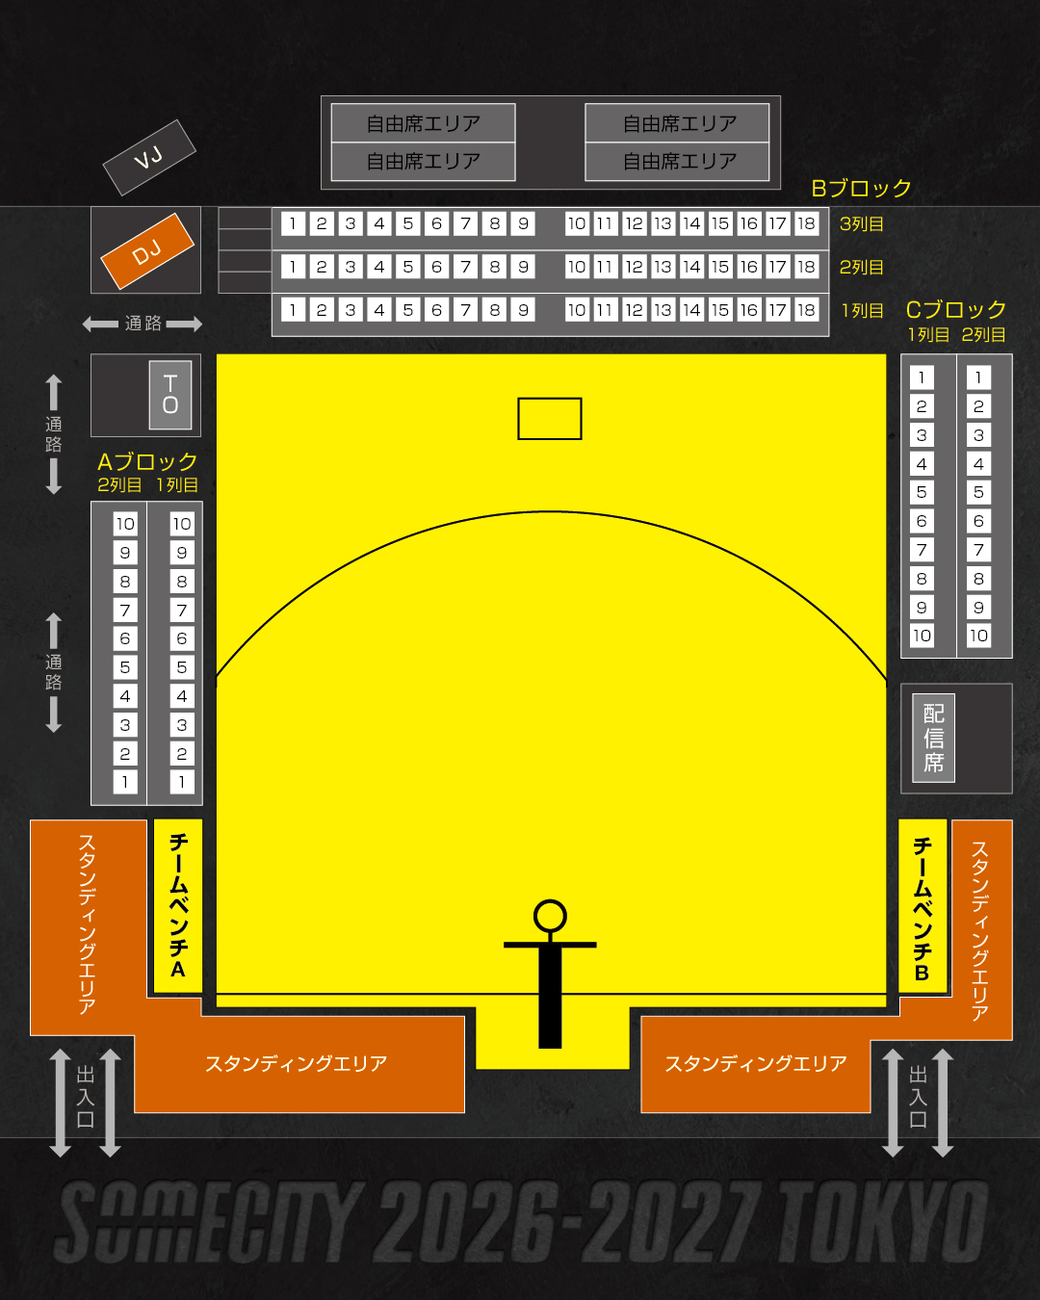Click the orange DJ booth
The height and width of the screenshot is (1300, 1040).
(x=147, y=251)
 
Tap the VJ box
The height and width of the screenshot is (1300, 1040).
(x=149, y=158)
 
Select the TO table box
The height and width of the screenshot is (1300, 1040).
(x=170, y=395)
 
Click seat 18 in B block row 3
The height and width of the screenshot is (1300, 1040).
(x=806, y=223)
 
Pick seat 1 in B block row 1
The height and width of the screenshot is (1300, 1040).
(x=293, y=310)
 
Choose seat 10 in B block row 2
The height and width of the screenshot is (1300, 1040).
(x=577, y=267)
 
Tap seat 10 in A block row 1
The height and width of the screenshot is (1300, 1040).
(x=182, y=524)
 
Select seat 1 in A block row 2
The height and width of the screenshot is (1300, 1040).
(x=125, y=782)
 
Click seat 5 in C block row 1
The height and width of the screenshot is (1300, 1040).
(x=922, y=492)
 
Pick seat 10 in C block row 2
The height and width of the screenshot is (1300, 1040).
(x=978, y=636)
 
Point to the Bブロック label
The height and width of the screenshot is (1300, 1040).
(x=861, y=189)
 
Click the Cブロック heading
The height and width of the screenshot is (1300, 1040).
(x=956, y=310)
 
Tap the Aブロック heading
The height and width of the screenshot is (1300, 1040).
(x=147, y=461)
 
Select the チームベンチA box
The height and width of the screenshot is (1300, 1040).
(x=177, y=905)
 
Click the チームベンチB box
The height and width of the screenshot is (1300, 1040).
(x=923, y=905)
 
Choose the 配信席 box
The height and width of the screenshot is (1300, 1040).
(x=934, y=738)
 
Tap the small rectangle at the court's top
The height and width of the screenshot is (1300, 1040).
(x=549, y=419)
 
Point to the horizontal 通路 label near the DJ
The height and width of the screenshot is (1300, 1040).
(x=143, y=324)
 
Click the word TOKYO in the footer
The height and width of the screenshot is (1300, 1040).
(x=882, y=1221)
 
